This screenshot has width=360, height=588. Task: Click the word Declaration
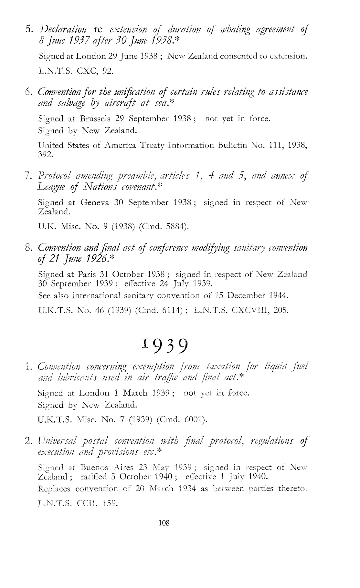(63, 30)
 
